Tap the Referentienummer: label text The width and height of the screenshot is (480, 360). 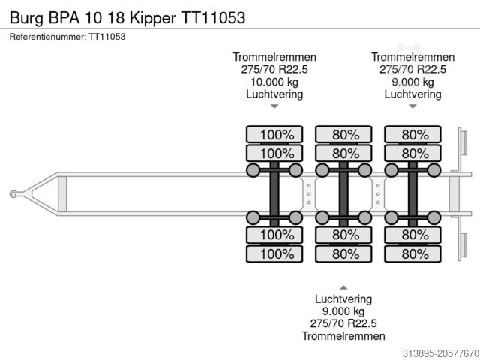click(46, 36)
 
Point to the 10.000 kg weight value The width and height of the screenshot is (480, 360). click(274, 82)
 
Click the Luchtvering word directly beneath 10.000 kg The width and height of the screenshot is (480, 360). click(274, 94)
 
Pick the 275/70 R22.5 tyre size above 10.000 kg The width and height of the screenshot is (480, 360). click(274, 69)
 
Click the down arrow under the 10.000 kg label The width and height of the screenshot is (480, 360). click(274, 106)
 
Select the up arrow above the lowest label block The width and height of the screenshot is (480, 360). click(343, 287)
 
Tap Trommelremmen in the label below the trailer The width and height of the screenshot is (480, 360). click(343, 335)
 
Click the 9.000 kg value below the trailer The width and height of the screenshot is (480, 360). click(343, 310)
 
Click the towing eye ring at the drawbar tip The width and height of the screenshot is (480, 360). click(13, 194)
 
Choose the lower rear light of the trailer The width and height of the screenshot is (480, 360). click(463, 245)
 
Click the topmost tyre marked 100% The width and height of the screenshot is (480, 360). click(274, 135)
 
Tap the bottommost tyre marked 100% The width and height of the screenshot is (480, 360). click(274, 253)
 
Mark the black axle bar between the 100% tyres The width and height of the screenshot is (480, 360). click(274, 194)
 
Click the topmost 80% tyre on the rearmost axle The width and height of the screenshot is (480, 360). click(412, 135)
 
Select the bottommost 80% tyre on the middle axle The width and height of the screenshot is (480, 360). click(343, 253)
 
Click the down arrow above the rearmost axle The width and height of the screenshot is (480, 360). click(412, 106)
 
